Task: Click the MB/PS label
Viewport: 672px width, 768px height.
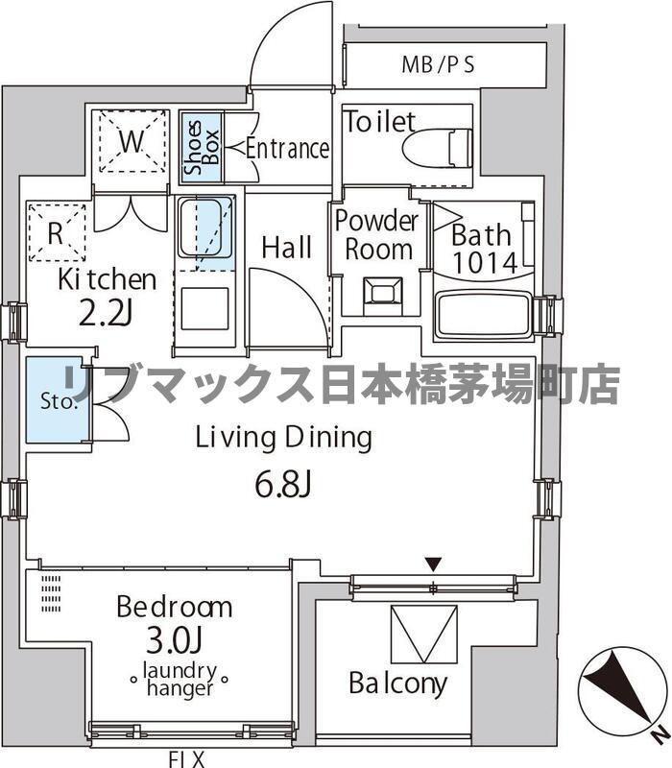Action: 438,66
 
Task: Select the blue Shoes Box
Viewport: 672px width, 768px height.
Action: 202,148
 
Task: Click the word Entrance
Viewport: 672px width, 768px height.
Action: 287,149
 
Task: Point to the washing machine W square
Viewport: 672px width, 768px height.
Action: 132,142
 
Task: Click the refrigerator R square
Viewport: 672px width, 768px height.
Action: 56,231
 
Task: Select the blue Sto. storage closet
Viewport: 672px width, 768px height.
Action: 54,400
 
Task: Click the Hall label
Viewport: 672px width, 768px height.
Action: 286,248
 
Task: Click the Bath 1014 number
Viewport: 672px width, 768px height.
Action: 485,262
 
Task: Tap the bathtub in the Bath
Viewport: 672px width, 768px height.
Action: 483,315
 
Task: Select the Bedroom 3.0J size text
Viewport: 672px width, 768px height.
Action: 174,640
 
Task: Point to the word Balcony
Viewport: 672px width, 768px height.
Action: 397,684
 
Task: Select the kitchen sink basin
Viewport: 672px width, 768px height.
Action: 205,228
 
